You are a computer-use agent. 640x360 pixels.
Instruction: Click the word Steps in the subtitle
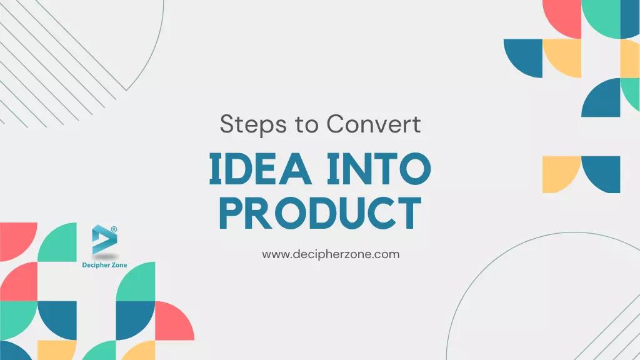click(245, 124)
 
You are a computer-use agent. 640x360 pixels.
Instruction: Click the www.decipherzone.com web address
click(331, 254)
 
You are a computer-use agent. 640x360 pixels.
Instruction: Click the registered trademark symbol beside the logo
click(114, 229)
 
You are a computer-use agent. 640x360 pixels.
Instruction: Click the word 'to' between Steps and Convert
click(307, 124)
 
